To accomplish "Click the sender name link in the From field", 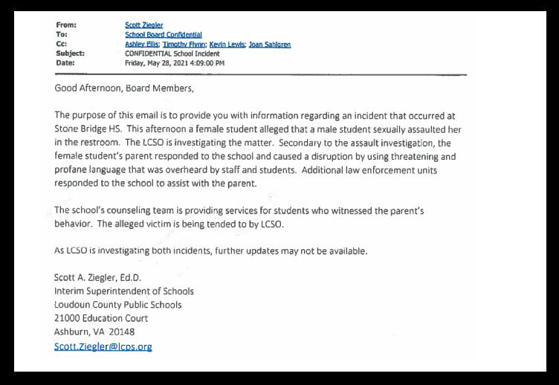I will [x=145, y=25].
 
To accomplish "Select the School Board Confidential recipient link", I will [x=164, y=35].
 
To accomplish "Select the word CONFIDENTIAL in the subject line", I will [x=151, y=54].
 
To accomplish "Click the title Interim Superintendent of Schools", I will [x=123, y=291].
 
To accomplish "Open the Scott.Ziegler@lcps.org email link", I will [x=103, y=346].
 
